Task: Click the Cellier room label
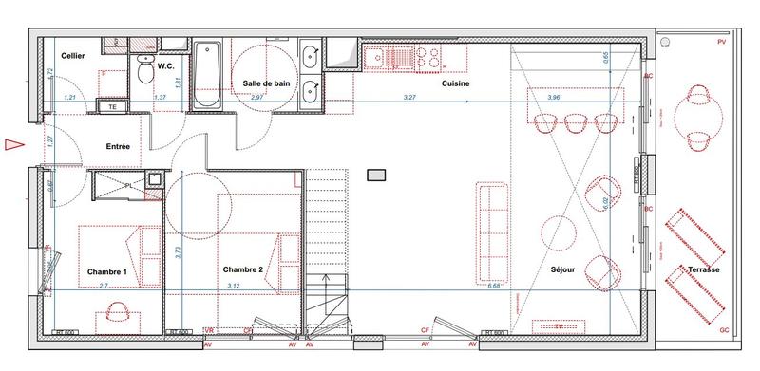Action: point(74,57)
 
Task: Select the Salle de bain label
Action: point(266,83)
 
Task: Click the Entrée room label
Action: point(117,147)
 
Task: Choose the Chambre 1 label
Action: point(107,271)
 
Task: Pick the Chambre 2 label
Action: point(242,269)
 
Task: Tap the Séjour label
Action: point(563,270)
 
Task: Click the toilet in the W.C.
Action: point(144,68)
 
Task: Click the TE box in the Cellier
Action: point(113,107)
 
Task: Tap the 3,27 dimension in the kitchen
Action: point(409,97)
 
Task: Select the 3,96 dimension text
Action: point(555,97)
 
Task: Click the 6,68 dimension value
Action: point(494,285)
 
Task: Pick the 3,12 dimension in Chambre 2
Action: point(234,285)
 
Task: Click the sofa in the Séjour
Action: point(493,218)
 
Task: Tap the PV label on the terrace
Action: point(721,44)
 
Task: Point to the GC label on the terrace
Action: point(724,329)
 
